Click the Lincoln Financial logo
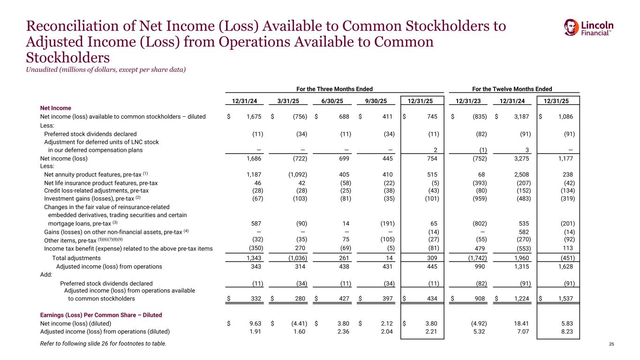(588, 28)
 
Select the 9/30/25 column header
(379, 100)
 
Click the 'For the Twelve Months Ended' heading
(514, 89)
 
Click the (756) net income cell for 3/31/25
(298, 116)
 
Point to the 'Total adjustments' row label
(76, 258)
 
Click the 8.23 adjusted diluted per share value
(566, 332)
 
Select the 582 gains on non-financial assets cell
(524, 232)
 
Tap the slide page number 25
(611, 345)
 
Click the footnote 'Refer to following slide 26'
(103, 345)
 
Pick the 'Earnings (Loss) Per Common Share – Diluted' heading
(101, 315)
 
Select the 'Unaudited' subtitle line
(105, 70)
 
